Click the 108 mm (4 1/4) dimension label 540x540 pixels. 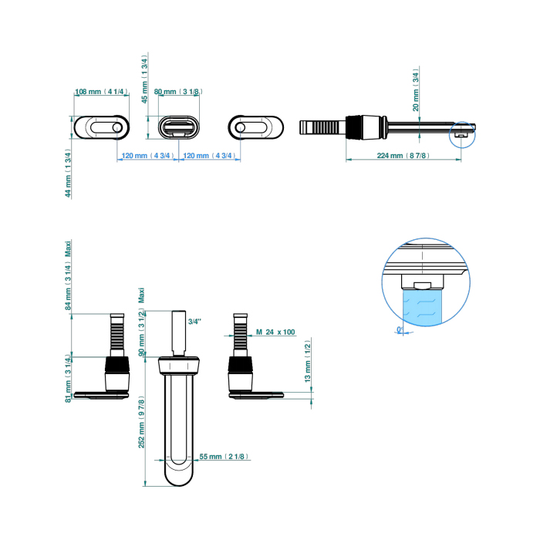(x=100, y=92)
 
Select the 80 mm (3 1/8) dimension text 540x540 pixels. (x=178, y=92)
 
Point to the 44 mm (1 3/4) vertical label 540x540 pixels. (x=69, y=173)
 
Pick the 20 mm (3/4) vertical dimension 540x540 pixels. (x=416, y=90)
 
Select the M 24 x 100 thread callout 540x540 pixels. (x=275, y=332)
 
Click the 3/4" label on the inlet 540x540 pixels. (x=194, y=321)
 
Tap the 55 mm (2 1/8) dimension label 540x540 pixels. (x=223, y=457)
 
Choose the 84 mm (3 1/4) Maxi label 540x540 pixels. (x=69, y=276)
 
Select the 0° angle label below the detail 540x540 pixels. (x=400, y=330)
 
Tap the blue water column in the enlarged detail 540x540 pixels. (x=420, y=304)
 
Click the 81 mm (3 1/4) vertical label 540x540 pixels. (x=69, y=379)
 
